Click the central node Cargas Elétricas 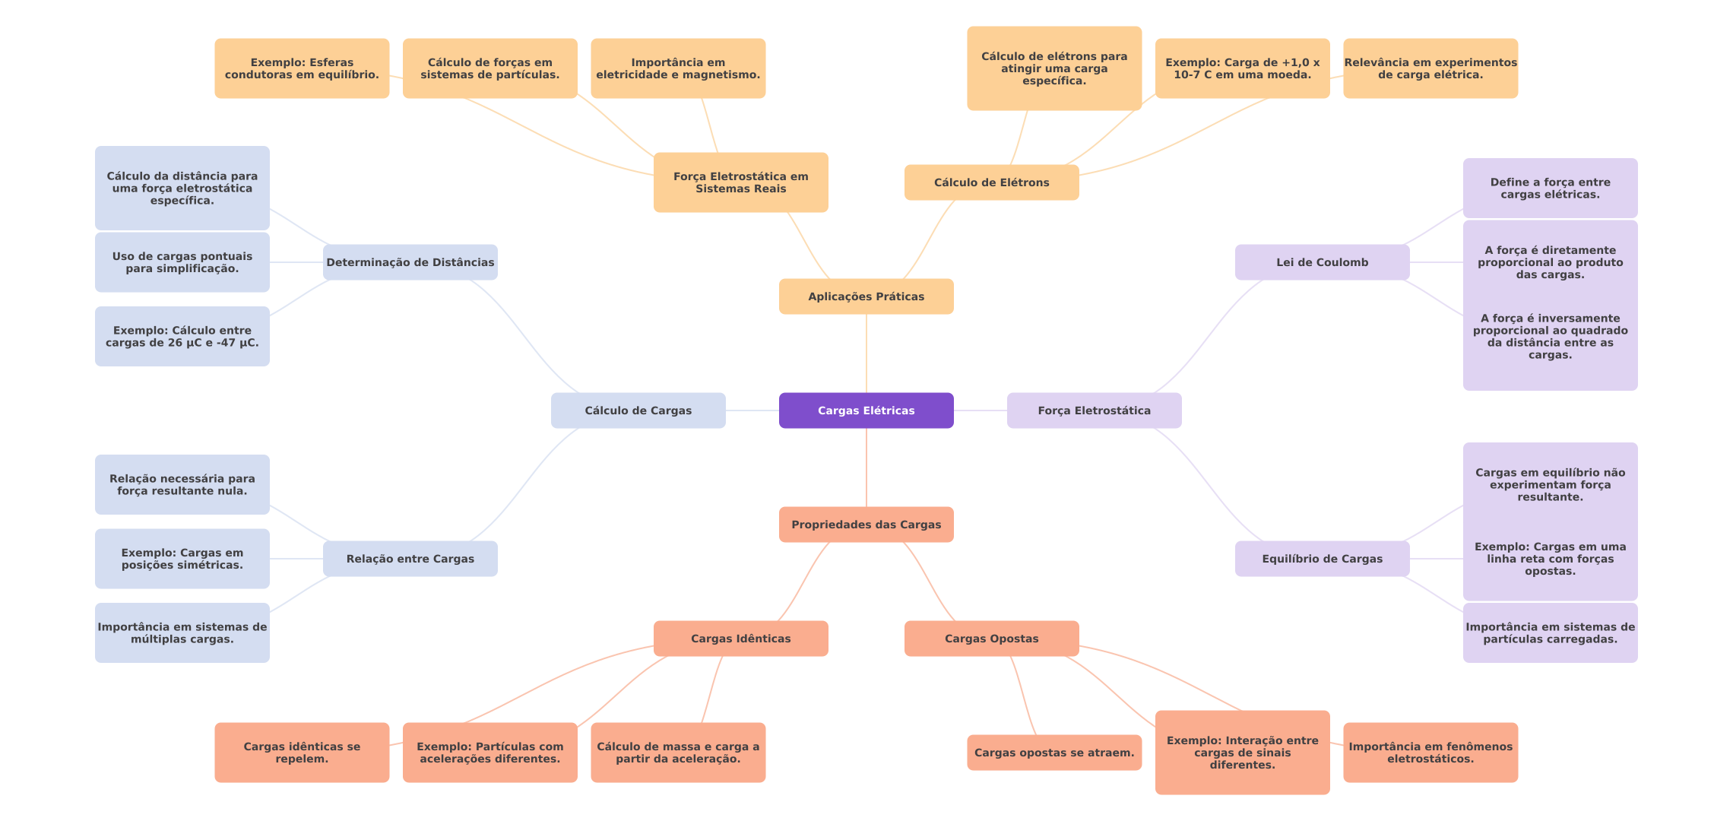click(866, 410)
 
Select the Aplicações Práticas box click(866, 296)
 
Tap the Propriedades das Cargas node click(866, 525)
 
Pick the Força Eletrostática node click(1095, 410)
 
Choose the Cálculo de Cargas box click(638, 410)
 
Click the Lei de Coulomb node click(1323, 262)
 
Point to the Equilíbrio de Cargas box click(1323, 559)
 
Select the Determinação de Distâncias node click(410, 262)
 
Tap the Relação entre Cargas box click(410, 559)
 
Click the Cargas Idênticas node click(741, 639)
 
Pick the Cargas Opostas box click(992, 639)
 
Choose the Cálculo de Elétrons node click(992, 182)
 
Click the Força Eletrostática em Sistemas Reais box click(741, 182)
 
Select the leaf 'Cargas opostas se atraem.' click(1054, 753)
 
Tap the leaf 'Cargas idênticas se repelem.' click(302, 753)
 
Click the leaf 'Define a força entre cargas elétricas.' click(1551, 189)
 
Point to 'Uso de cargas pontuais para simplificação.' click(182, 262)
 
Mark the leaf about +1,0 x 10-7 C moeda click(1243, 68)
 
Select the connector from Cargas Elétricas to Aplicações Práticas click(866, 353)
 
